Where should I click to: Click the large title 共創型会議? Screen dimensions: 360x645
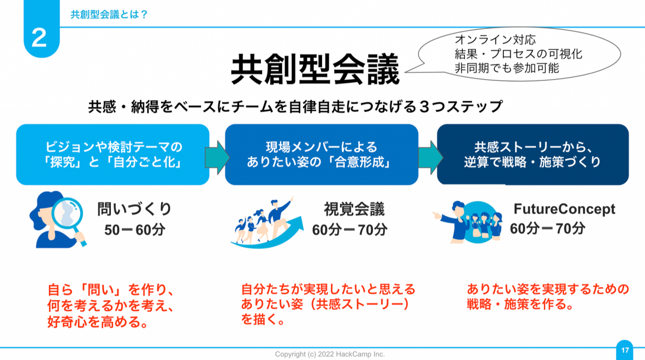click(x=315, y=69)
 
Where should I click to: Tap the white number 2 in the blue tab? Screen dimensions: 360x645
click(x=39, y=38)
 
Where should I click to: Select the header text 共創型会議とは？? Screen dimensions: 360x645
click(x=109, y=14)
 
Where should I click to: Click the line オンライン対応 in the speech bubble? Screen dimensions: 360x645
click(x=495, y=40)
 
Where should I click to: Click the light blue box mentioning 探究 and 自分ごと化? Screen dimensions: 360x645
click(x=113, y=154)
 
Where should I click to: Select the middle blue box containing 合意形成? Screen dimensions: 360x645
click(x=321, y=154)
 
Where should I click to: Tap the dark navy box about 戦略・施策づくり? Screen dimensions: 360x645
click(x=532, y=154)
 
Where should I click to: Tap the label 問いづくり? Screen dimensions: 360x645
click(x=134, y=209)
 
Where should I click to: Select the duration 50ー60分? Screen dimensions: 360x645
click(x=134, y=230)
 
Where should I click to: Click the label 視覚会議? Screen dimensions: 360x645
click(x=354, y=209)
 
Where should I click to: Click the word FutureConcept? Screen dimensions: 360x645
click(x=564, y=209)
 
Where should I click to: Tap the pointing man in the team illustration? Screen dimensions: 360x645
click(x=454, y=221)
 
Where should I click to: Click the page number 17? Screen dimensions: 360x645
click(x=625, y=350)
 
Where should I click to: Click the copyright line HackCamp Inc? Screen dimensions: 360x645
click(x=330, y=354)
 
